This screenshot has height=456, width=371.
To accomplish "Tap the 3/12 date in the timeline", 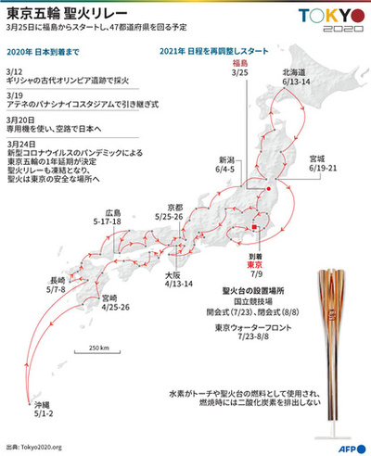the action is pyautogui.click(x=13, y=70).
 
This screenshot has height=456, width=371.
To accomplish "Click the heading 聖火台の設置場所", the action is pyautogui.click(x=254, y=290).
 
